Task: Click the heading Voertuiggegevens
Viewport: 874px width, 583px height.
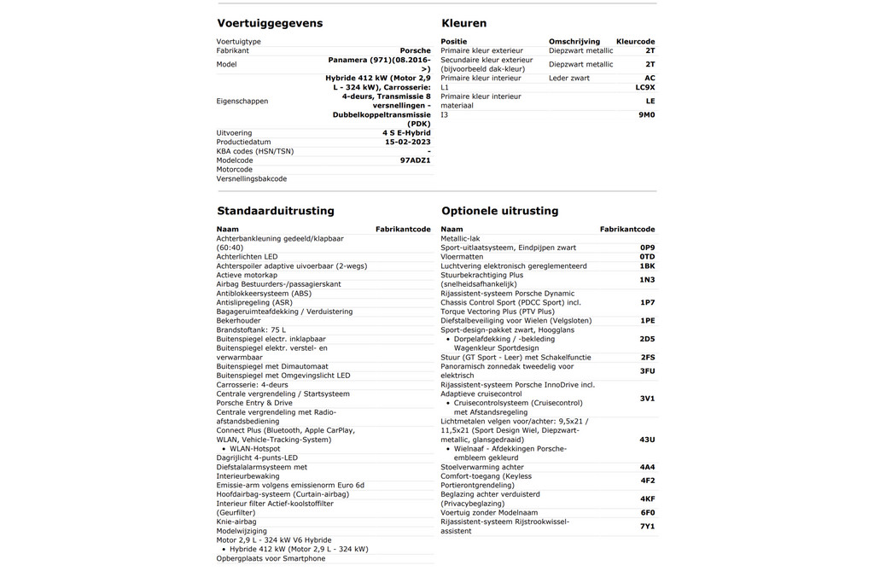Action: (270, 23)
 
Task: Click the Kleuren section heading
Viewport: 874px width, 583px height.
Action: (464, 23)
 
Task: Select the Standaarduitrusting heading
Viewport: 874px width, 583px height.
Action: (276, 211)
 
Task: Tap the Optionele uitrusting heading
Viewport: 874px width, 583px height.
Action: (500, 211)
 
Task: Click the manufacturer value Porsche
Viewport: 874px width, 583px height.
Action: (416, 51)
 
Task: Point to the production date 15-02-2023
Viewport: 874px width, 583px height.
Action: (408, 143)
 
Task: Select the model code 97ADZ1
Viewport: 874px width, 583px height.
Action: (415, 160)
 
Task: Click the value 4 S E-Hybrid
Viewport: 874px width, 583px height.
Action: (406, 133)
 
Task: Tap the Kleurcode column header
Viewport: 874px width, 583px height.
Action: (635, 41)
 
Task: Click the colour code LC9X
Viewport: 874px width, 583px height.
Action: (645, 87)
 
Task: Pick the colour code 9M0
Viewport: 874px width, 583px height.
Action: (647, 114)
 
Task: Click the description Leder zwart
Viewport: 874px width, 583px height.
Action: (568, 78)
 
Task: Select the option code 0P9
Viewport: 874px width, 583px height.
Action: (648, 248)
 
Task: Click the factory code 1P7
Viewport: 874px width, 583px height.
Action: (648, 302)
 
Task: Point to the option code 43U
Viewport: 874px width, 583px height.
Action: (647, 440)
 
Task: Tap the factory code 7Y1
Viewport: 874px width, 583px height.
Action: (648, 526)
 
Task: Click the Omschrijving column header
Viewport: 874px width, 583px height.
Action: (574, 41)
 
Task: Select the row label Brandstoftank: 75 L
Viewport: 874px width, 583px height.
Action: (252, 329)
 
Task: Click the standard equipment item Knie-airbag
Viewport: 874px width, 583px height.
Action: (236, 522)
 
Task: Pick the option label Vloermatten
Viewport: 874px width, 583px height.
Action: (462, 257)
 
